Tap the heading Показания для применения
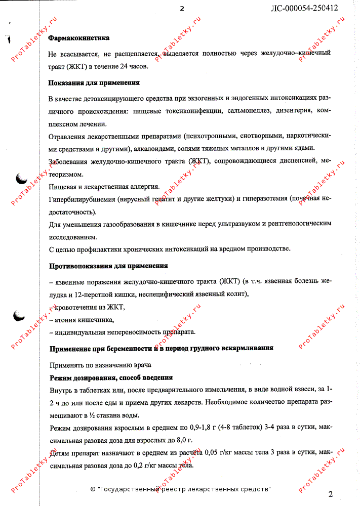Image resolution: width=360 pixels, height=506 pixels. pos(94,82)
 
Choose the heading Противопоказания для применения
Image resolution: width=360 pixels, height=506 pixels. pos(108,266)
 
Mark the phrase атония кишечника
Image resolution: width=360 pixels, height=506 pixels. pos(84,320)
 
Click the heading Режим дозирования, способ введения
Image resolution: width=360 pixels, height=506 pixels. pos(111,377)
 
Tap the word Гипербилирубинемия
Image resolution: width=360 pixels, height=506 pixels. pos(81,199)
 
